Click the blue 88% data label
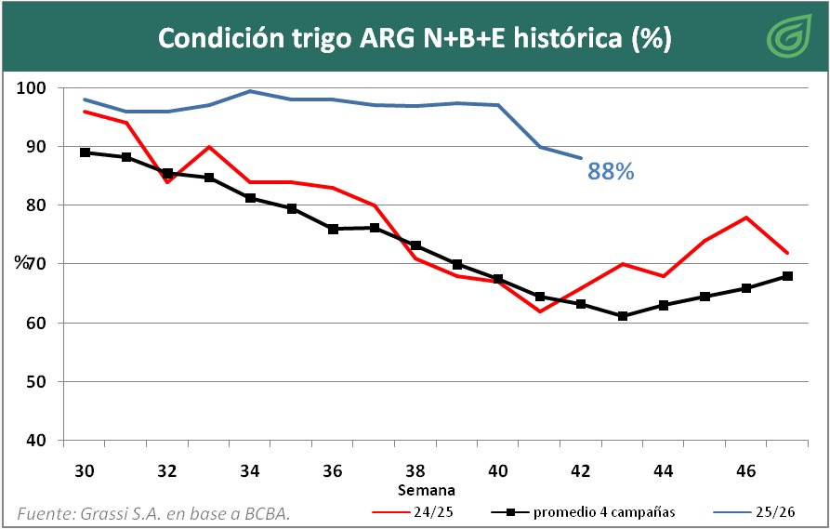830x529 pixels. coord(611,171)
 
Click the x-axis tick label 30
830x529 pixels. coord(85,470)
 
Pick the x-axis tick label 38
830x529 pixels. coord(415,470)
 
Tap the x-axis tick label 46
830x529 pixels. coord(745,470)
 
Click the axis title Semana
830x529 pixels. coord(427,489)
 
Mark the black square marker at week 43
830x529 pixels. coord(622,316)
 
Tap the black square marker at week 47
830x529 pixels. coord(787,276)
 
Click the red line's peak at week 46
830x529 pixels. coord(745,218)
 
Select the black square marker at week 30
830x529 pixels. coord(85,152)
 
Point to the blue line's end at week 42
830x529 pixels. coord(581,159)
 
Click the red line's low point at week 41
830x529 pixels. coord(539,311)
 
